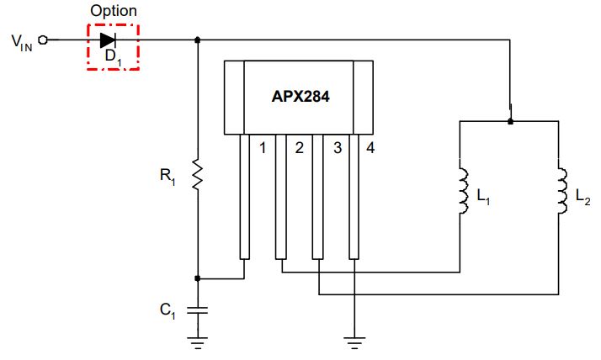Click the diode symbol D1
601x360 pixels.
click(108, 40)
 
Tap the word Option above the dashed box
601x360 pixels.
click(114, 11)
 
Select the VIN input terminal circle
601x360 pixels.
click(43, 40)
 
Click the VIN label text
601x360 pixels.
click(22, 43)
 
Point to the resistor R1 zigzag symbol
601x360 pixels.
click(198, 174)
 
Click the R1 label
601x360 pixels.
click(168, 177)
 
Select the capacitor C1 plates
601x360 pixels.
click(198, 310)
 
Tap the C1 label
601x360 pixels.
click(168, 310)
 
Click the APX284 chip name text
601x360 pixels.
click(300, 97)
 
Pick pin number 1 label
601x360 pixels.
click(263, 148)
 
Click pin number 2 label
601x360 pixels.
click(300, 148)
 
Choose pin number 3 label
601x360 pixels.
click(338, 148)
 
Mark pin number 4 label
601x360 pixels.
click(370, 148)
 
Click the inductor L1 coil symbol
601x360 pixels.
click(464, 191)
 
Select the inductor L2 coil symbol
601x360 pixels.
click(562, 191)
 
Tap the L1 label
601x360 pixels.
click(483, 197)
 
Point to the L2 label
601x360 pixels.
click(583, 197)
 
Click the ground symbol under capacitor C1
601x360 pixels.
click(198, 343)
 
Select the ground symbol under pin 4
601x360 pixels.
click(354, 343)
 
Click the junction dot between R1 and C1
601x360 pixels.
click(198, 278)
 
